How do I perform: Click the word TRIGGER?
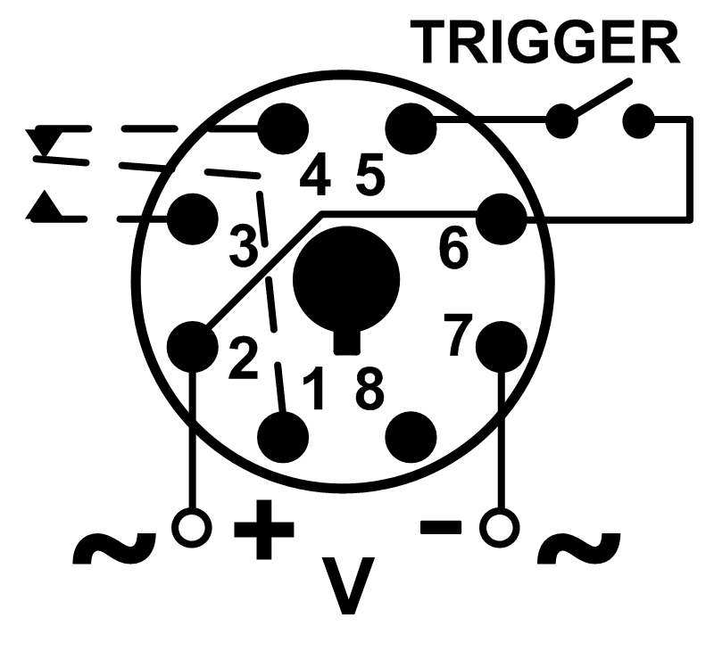pyautogui.click(x=544, y=42)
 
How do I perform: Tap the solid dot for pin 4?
pyautogui.click(x=283, y=128)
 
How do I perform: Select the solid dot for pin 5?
pyautogui.click(x=411, y=128)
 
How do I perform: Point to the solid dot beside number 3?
pyautogui.click(x=193, y=219)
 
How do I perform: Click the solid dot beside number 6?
pyautogui.click(x=502, y=219)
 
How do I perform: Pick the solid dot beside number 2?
pyautogui.click(x=193, y=347)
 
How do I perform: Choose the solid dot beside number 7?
pyautogui.click(x=502, y=347)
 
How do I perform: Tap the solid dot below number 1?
pyautogui.click(x=283, y=437)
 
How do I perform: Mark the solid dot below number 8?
pyautogui.click(x=411, y=437)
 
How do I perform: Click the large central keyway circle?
pyautogui.click(x=346, y=281)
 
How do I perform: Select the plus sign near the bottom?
pyautogui.click(x=264, y=529)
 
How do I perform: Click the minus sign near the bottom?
pyautogui.click(x=441, y=527)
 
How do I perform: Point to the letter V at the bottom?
pyautogui.click(x=348, y=585)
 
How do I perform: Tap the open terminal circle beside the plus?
pyautogui.click(x=192, y=528)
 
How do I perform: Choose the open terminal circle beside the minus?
pyautogui.click(x=500, y=528)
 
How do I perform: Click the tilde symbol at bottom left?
pyautogui.click(x=114, y=548)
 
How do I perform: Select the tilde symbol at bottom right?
pyautogui.click(x=579, y=548)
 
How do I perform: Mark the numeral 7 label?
pyautogui.click(x=459, y=334)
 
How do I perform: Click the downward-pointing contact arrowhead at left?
pyautogui.click(x=43, y=143)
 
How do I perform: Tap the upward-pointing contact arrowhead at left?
pyautogui.click(x=43, y=205)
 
